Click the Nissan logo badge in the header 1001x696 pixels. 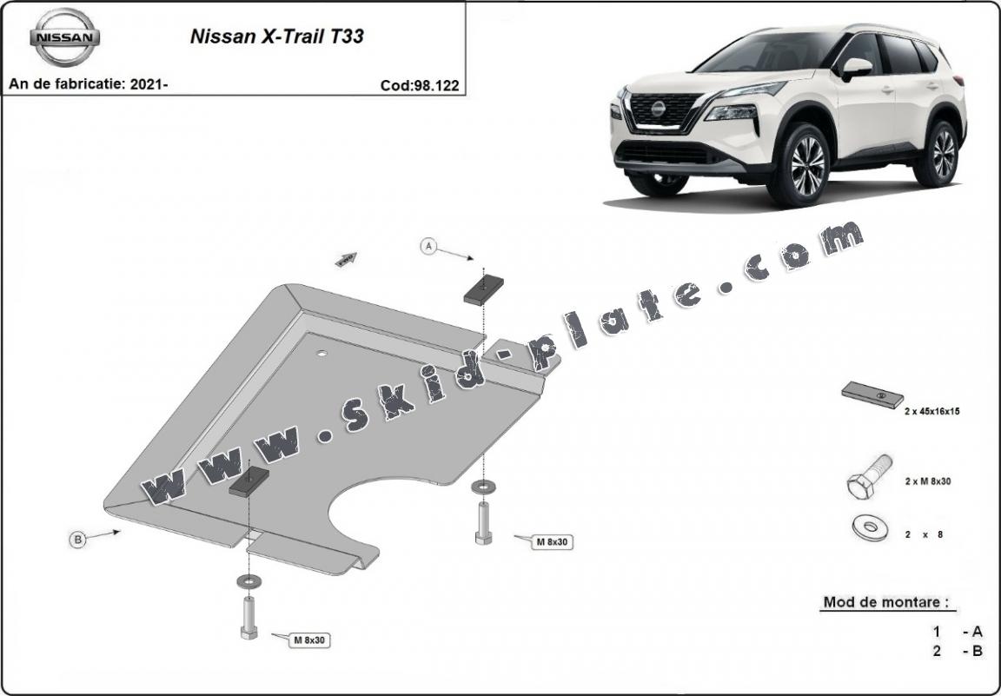(x=64, y=37)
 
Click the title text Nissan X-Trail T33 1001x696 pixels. (x=277, y=36)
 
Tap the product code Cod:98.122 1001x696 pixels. (x=420, y=85)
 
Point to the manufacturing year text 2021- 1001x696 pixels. (x=149, y=83)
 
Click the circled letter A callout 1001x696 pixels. (x=429, y=246)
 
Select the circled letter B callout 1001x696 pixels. (x=78, y=540)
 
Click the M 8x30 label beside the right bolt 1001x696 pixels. (x=552, y=541)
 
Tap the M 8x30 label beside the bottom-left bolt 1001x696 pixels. (x=309, y=640)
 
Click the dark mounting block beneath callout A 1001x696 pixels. (x=483, y=290)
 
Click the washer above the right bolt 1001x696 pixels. (x=482, y=487)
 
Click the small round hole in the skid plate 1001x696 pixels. (x=322, y=353)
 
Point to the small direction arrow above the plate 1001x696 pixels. (x=346, y=259)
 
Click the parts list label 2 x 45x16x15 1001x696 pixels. (x=931, y=412)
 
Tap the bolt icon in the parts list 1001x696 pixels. (x=869, y=476)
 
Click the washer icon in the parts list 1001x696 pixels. (x=871, y=527)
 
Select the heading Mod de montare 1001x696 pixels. (x=886, y=601)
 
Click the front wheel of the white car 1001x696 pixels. (x=807, y=164)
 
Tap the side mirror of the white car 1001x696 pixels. (x=856, y=69)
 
